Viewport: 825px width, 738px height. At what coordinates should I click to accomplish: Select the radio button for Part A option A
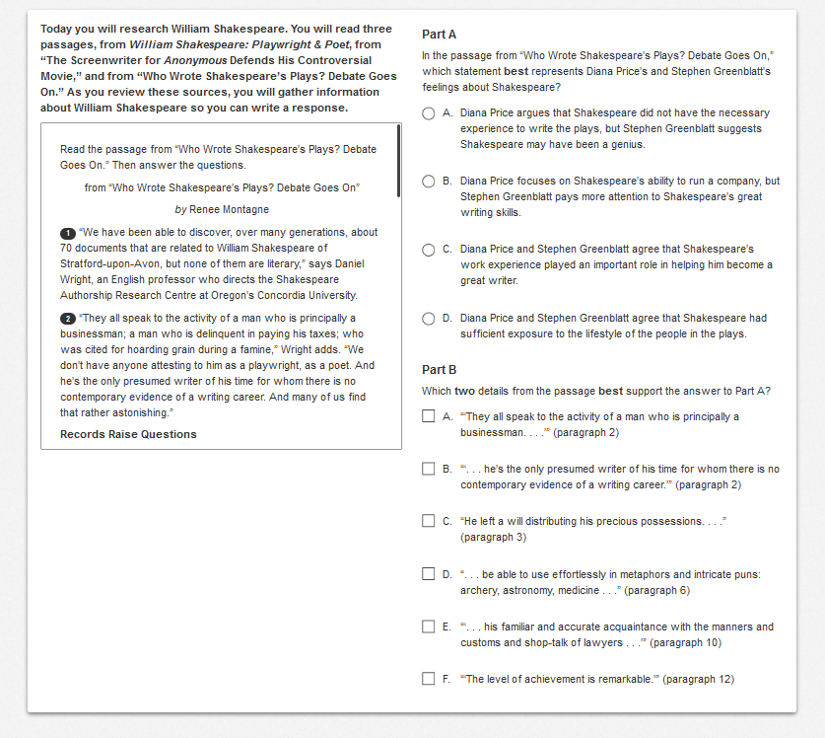(x=429, y=113)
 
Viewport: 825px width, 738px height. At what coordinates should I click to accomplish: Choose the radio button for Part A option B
(x=429, y=182)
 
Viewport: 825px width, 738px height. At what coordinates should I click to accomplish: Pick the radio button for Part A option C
(x=429, y=250)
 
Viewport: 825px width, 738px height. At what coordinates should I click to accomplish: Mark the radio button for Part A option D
(x=429, y=319)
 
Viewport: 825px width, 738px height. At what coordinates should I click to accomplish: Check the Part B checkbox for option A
(x=429, y=416)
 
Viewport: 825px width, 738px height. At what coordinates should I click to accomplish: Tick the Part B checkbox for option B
(x=429, y=469)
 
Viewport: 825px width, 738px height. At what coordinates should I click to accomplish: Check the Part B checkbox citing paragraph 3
(x=429, y=521)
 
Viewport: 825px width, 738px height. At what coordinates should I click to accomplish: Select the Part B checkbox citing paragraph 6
(x=429, y=574)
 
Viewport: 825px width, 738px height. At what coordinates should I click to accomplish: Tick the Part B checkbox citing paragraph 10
(x=429, y=627)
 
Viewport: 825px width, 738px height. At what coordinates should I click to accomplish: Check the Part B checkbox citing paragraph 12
(x=429, y=679)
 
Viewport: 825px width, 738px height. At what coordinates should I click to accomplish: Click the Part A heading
(x=439, y=35)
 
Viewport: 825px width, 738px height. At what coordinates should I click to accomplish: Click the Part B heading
(x=439, y=370)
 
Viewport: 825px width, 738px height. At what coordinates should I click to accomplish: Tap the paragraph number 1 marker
(x=67, y=233)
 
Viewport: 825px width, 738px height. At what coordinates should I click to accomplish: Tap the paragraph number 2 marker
(x=67, y=319)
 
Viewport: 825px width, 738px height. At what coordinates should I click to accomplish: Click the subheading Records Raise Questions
(x=128, y=434)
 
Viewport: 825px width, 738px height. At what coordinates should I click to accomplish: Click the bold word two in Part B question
(x=463, y=391)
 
